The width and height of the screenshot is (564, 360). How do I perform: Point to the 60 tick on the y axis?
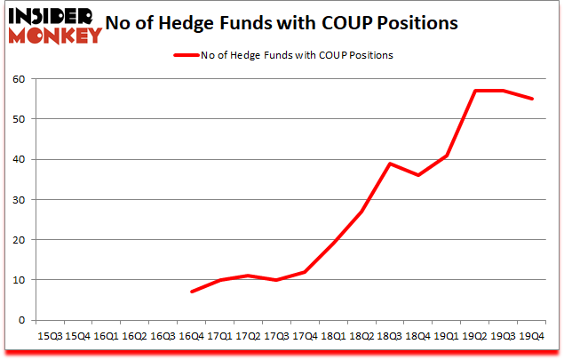tap(17, 79)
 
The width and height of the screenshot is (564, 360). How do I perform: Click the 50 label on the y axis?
tap(17, 119)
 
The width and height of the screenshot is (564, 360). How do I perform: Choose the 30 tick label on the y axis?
tap(17, 199)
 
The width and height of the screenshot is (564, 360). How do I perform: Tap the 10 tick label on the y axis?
tap(17, 280)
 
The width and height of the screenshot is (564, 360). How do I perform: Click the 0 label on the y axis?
tap(20, 320)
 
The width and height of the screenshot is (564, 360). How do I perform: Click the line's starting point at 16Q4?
tap(191, 292)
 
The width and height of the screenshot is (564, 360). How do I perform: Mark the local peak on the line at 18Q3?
tap(389, 164)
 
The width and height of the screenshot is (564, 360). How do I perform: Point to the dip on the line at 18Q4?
tap(417, 175)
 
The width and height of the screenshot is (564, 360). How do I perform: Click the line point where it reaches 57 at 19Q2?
tap(474, 91)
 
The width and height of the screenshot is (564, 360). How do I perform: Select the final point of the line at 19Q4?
tap(531, 99)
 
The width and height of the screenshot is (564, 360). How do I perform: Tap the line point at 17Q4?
tap(305, 272)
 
